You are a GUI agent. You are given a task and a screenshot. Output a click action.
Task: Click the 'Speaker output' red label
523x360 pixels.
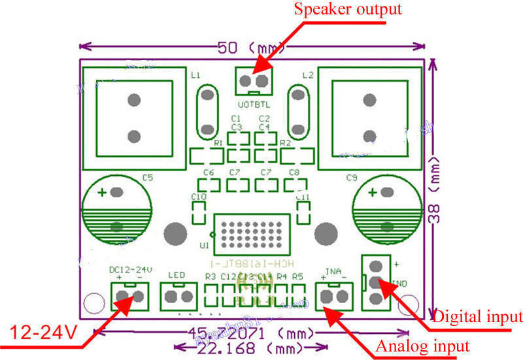point(347,10)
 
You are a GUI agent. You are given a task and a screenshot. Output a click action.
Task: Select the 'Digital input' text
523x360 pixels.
point(478,317)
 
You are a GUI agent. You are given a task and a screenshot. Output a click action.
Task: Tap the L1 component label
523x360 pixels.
point(195,75)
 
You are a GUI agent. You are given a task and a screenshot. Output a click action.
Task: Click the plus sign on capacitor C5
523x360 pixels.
point(103,193)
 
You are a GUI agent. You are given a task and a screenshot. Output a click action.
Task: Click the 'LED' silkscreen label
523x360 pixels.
point(177,274)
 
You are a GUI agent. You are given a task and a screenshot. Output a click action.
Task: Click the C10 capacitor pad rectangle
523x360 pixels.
point(198,212)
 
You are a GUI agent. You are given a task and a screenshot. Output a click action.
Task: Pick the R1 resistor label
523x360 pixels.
point(218,142)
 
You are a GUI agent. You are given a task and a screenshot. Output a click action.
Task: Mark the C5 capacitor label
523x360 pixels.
point(148,177)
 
